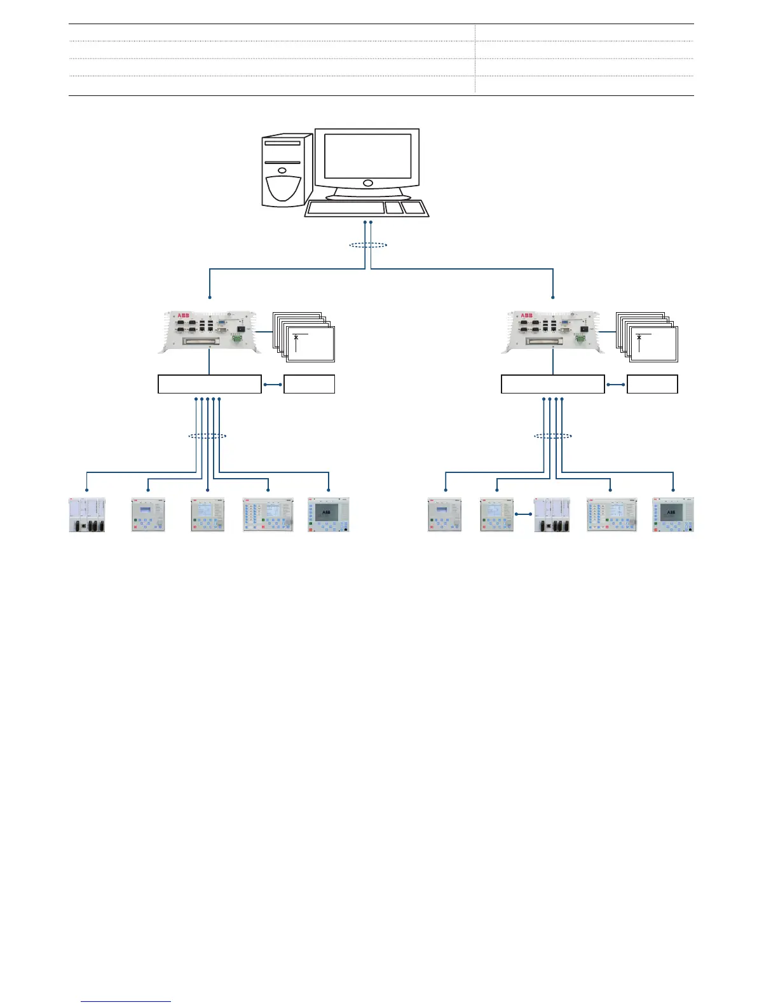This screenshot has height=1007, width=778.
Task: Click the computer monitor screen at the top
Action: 367,156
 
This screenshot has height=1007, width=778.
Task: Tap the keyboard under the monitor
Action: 366,209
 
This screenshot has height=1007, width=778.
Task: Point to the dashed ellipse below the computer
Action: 368,245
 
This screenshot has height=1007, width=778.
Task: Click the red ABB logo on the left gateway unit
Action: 184,315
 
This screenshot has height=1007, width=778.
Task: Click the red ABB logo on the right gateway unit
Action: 527,315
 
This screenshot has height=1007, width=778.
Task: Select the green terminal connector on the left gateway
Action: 238,339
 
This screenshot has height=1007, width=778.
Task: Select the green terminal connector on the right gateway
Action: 581,339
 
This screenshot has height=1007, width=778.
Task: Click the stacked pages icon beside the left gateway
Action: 304,337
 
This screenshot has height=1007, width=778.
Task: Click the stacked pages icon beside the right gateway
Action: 648,337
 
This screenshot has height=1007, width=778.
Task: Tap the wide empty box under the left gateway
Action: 209,384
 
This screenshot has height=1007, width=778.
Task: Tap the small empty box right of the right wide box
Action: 652,384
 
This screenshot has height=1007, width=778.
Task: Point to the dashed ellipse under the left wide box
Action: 208,436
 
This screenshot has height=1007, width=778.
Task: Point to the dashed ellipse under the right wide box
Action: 552,436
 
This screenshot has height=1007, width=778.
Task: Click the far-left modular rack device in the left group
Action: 86,515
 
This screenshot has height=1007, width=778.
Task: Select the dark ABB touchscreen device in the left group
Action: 328,515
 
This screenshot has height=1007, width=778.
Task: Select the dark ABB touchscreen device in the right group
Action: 673,515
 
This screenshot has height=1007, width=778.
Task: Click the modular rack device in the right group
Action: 552,515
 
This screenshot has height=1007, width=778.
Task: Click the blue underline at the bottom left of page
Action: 126,1002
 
